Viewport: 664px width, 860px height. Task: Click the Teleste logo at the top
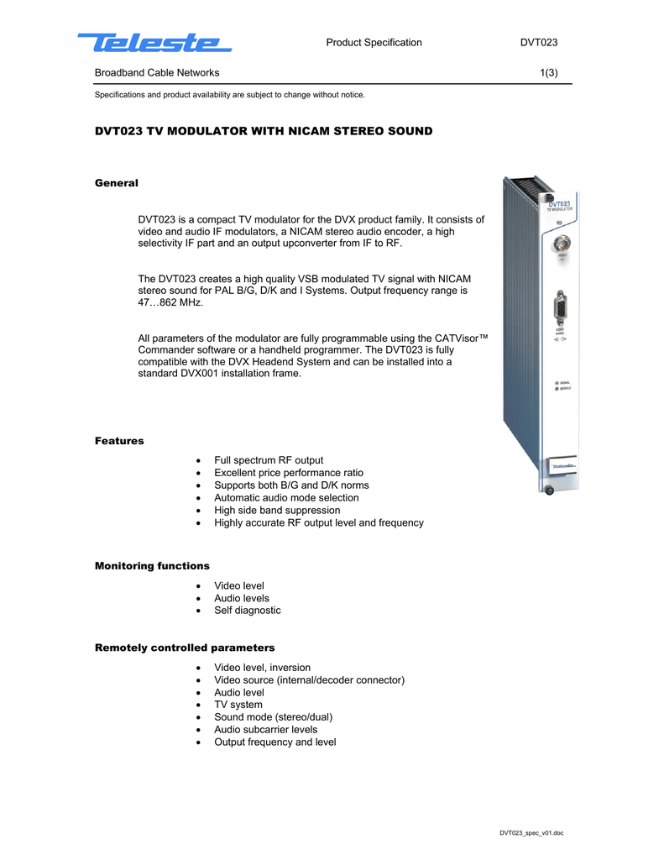click(154, 42)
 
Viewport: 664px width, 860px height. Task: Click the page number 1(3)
click(549, 73)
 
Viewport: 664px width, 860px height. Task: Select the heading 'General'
click(116, 182)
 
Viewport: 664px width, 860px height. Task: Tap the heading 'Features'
click(119, 441)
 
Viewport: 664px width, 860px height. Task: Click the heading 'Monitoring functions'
click(152, 566)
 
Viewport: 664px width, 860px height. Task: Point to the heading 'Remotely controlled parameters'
click(185, 648)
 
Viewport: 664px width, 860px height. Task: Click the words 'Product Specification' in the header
click(374, 43)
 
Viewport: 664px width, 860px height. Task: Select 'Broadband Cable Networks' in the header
click(157, 73)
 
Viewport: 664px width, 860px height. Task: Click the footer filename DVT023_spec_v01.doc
click(531, 833)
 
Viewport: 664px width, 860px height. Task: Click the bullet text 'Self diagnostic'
click(248, 611)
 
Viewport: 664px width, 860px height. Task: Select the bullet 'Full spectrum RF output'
click(269, 460)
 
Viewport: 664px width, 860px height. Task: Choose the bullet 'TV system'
click(238, 705)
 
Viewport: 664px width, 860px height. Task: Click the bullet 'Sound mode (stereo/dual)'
click(273, 717)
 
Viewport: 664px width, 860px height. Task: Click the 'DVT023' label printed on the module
click(560, 203)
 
